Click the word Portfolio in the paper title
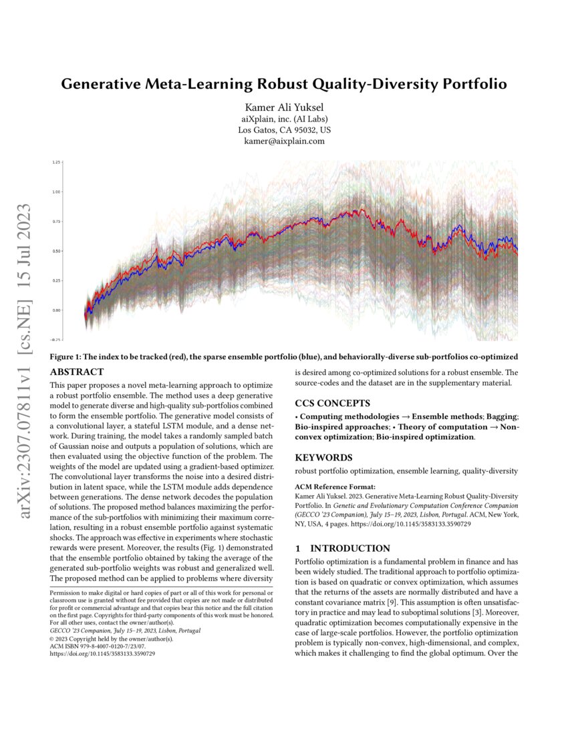pyautogui.click(x=466, y=85)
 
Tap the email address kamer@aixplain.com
pyautogui.click(x=284, y=141)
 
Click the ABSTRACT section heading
pyautogui.click(x=77, y=372)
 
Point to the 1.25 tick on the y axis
pyautogui.click(x=56, y=162)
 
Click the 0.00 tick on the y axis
pyautogui.click(x=56, y=310)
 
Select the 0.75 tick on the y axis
pyautogui.click(x=56, y=222)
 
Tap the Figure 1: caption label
pyautogui.click(x=67, y=358)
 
